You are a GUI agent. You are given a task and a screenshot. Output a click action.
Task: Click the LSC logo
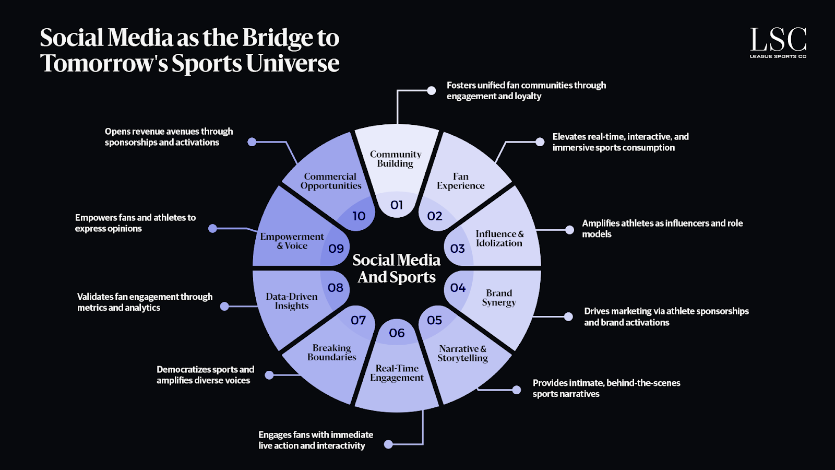[778, 42]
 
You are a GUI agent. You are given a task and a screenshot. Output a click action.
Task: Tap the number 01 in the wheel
[397, 205]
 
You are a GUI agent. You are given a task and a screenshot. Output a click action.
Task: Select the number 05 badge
[434, 320]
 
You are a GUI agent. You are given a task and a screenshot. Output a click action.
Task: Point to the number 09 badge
[336, 249]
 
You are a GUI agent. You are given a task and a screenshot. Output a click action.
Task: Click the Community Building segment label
[396, 159]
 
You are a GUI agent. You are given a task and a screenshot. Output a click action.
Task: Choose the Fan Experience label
[461, 181]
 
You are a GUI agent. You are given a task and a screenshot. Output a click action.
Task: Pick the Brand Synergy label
[499, 298]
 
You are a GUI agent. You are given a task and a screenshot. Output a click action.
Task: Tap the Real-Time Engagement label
[397, 373]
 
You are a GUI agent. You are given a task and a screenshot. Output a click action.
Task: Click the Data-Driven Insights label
[292, 301]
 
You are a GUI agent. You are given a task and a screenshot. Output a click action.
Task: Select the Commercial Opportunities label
[331, 181]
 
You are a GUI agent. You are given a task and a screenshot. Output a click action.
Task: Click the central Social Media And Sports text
[397, 268]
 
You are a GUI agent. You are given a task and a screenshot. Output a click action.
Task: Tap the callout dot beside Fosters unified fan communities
[432, 91]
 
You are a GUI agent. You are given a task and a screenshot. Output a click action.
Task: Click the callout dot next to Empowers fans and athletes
[212, 228]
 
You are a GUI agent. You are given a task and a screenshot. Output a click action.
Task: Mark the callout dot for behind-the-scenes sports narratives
[517, 390]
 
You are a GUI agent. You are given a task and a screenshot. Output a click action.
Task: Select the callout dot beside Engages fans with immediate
[388, 444]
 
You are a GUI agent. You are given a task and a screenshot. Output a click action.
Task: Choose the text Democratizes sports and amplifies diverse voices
[205, 375]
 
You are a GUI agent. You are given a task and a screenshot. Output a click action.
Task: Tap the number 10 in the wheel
[359, 216]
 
